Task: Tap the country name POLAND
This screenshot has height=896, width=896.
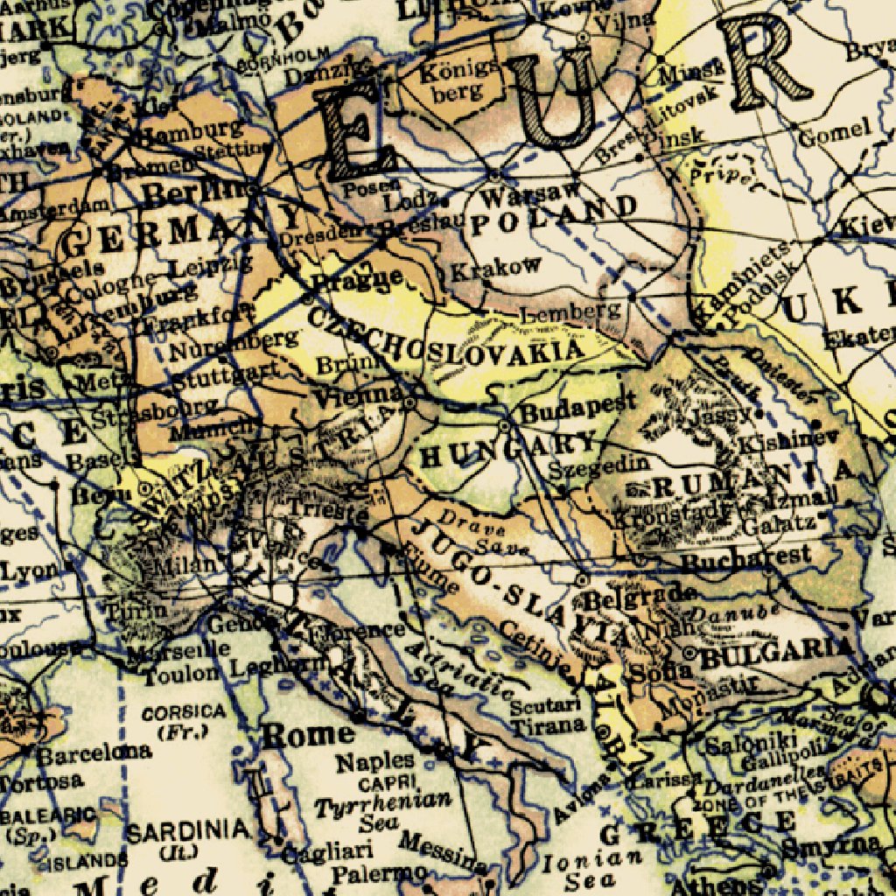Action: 553,215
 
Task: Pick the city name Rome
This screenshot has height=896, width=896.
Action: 309,734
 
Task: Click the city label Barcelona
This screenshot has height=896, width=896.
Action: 93,752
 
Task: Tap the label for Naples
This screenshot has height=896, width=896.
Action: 375,760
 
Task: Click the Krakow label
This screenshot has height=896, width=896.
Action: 496,268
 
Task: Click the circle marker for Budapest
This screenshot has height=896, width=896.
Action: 504,425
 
